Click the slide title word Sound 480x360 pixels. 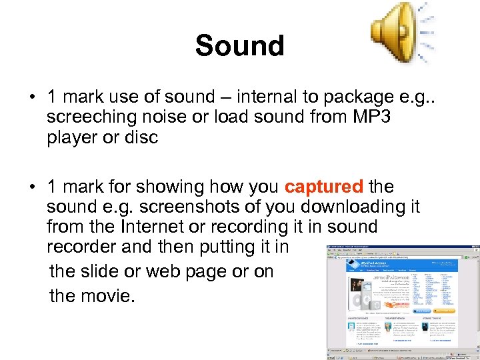239,46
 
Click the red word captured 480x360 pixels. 324,187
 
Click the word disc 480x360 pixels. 140,137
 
